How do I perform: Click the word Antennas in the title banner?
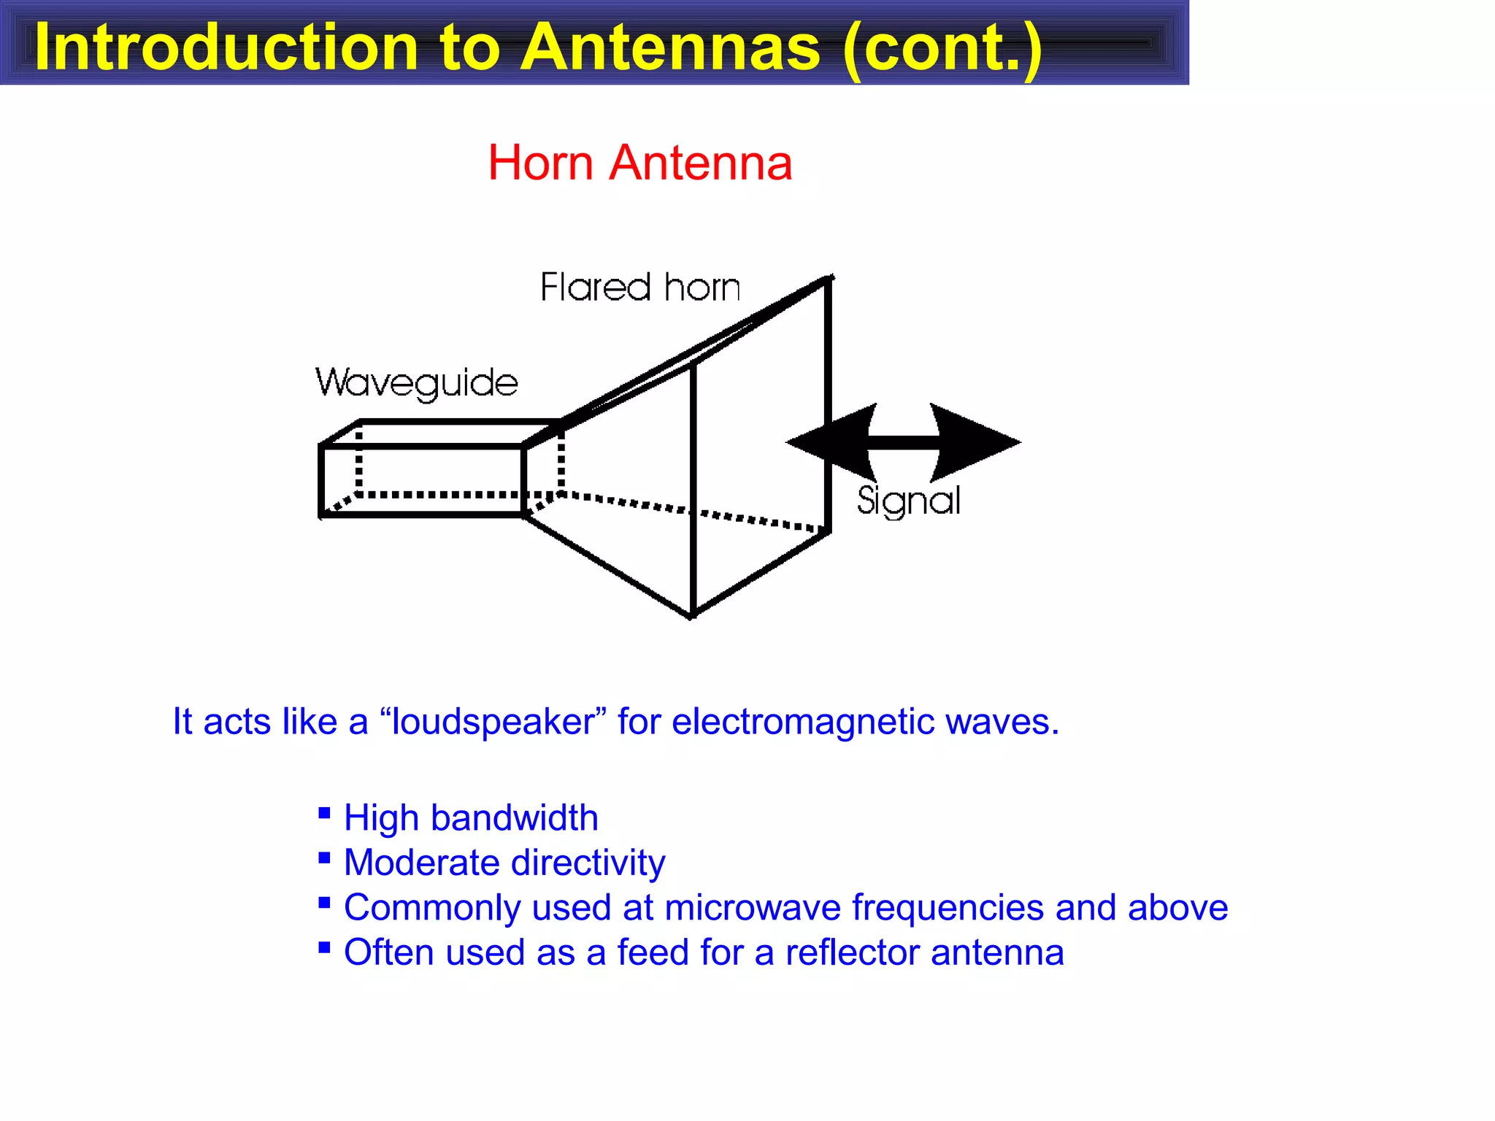click(671, 47)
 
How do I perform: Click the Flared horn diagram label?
click(640, 287)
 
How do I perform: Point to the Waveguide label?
click(417, 382)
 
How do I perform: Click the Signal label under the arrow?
click(908, 501)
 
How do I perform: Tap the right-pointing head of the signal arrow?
click(978, 441)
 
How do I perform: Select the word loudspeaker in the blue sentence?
click(493, 722)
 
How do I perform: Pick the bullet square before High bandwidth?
click(325, 813)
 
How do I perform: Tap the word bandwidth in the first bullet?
click(514, 817)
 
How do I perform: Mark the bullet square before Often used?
click(325, 948)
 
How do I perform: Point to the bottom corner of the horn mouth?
click(692, 616)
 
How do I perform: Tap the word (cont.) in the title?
click(942, 47)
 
